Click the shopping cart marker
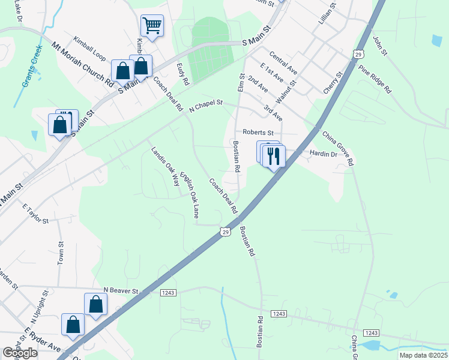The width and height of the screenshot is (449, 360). pos(152,26)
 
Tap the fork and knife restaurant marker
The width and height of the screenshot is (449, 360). pos(274,157)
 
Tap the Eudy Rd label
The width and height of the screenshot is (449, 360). pos(183,73)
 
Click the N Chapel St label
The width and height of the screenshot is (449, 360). pos(205,106)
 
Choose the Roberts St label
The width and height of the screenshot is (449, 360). pos(258,133)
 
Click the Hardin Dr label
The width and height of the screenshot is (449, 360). pos(324,154)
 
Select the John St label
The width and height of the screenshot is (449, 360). pos(381,46)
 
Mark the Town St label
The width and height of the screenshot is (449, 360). pos(61,253)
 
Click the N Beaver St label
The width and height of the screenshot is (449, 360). pos(121,291)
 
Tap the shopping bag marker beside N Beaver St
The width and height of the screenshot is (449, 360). pos(95,304)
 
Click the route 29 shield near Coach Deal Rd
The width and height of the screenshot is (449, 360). pos(224,231)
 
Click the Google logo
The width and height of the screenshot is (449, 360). pos(20,353)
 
